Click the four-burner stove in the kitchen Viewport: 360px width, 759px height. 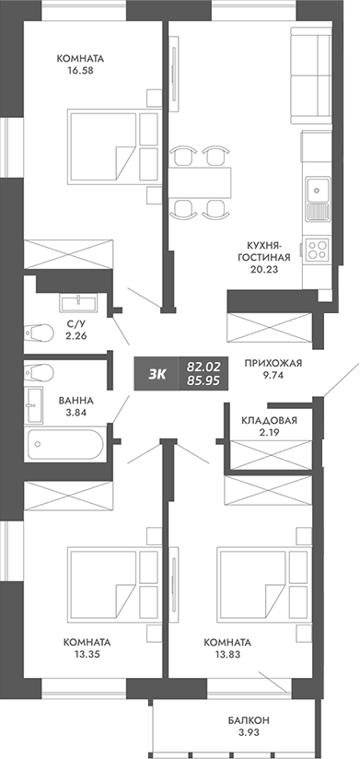(317, 248)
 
